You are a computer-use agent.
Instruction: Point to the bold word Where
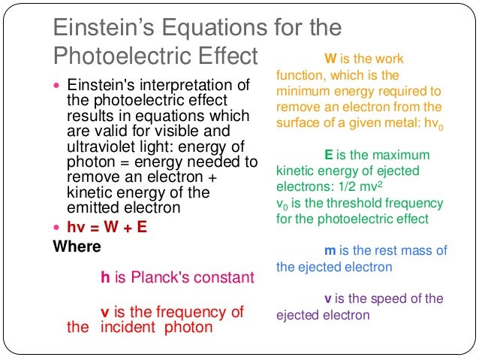tap(77, 246)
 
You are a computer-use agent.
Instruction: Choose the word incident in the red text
tap(124, 327)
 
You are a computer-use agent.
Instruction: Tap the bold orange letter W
tap(330, 58)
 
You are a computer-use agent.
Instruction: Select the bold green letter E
tap(329, 155)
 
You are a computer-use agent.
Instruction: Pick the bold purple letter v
tap(328, 298)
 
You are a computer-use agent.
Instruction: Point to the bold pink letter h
tap(105, 277)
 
